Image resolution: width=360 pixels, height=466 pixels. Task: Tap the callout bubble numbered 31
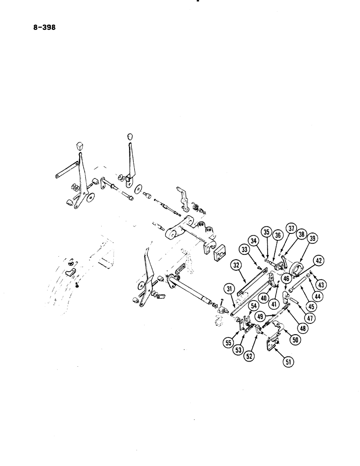(x=229, y=289)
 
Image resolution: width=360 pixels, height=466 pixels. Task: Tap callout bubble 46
(x=286, y=279)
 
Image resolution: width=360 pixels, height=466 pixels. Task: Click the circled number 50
(x=295, y=340)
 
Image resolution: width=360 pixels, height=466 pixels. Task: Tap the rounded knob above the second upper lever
(x=129, y=137)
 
